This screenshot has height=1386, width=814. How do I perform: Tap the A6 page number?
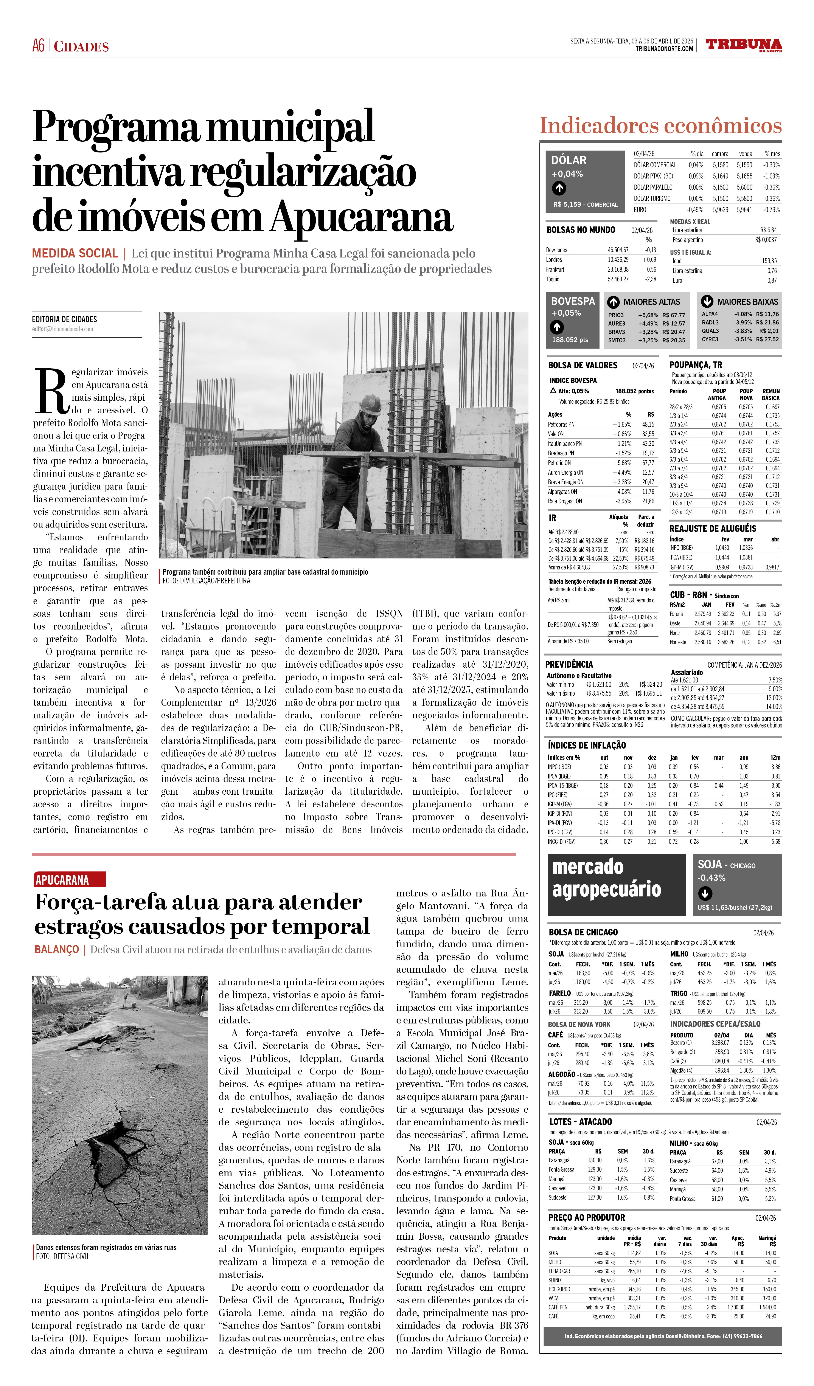38,46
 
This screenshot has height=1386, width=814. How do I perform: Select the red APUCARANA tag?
69,880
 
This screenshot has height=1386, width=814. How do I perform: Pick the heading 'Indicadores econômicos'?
660,125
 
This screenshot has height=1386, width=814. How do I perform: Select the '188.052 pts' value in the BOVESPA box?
570,340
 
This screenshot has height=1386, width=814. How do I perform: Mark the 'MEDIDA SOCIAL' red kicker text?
75,254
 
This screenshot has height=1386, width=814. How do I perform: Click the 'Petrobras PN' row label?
561,425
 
